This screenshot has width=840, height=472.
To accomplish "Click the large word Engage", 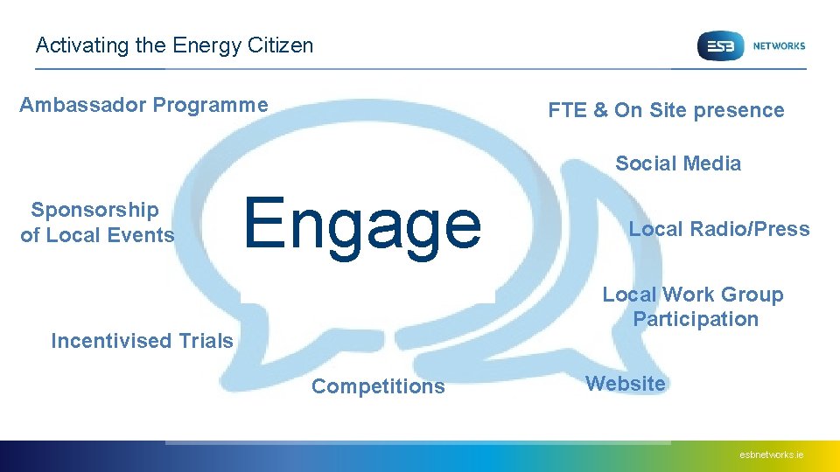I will tap(362, 224).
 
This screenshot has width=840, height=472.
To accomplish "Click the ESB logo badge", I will tap(719, 45).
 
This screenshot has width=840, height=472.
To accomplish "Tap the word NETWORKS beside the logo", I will tap(778, 45).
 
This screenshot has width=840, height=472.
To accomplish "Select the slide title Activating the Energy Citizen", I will tap(174, 45).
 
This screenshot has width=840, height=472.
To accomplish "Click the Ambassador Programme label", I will tap(143, 106).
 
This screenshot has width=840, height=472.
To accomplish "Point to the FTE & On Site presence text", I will tap(666, 110).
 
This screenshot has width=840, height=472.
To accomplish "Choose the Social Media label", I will tap(678, 163).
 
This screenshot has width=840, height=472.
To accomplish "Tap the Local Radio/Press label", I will tap(719, 229).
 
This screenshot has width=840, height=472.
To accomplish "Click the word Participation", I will tap(696, 319).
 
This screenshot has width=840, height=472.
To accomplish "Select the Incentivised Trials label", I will tap(142, 341).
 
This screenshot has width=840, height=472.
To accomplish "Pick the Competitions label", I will tap(378, 386).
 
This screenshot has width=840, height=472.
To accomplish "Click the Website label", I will tap(626, 384).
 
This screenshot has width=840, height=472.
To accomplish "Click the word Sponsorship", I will tap(94, 210).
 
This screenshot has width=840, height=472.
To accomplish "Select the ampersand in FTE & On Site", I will tap(600, 110).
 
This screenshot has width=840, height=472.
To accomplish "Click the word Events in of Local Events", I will tap(143, 234).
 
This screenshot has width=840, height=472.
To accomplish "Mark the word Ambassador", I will tap(83, 106).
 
